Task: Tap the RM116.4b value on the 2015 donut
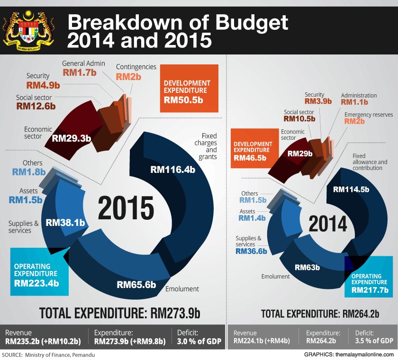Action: pyautogui.click(x=172, y=169)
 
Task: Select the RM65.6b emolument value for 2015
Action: pyautogui.click(x=136, y=285)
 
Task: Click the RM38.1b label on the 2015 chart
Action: pyautogui.click(x=65, y=222)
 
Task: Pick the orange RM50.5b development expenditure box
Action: pyautogui.click(x=189, y=89)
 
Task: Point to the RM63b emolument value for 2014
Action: pyautogui.click(x=307, y=267)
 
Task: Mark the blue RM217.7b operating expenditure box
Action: pyautogui.click(x=369, y=283)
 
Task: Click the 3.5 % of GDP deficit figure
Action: pyautogui.click(x=374, y=341)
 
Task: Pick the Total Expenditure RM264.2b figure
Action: pyautogui.click(x=363, y=314)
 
